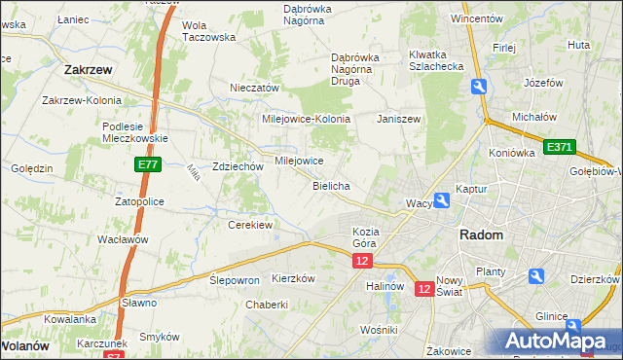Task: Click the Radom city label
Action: (x=481, y=236)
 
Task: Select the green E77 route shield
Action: (x=147, y=166)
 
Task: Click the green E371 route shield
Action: (x=560, y=147)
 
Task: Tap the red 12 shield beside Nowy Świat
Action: (x=424, y=288)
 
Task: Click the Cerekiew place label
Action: (x=249, y=225)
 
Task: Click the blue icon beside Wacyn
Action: (x=443, y=200)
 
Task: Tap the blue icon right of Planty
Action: (x=533, y=277)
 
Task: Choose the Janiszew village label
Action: (x=399, y=119)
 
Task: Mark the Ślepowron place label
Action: (x=235, y=279)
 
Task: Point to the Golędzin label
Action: (x=31, y=168)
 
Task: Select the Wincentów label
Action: (x=476, y=18)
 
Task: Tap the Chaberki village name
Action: (x=267, y=305)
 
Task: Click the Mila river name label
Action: (x=193, y=173)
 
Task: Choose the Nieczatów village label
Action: (x=254, y=88)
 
